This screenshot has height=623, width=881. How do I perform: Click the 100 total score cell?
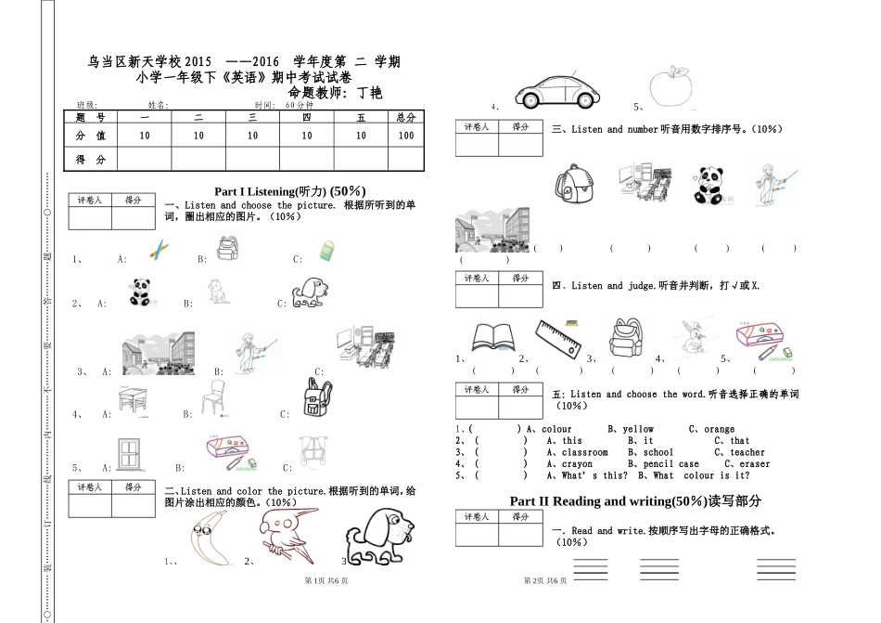(x=405, y=136)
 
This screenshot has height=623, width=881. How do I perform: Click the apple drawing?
(x=671, y=87)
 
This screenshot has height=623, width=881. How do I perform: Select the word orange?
(x=719, y=430)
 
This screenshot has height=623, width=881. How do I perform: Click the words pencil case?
(x=670, y=464)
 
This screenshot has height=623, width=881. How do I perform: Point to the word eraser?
(x=754, y=464)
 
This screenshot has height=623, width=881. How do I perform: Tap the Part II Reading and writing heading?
(x=635, y=501)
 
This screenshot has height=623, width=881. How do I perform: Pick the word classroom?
(x=584, y=453)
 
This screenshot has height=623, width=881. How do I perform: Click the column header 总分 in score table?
(x=405, y=118)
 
